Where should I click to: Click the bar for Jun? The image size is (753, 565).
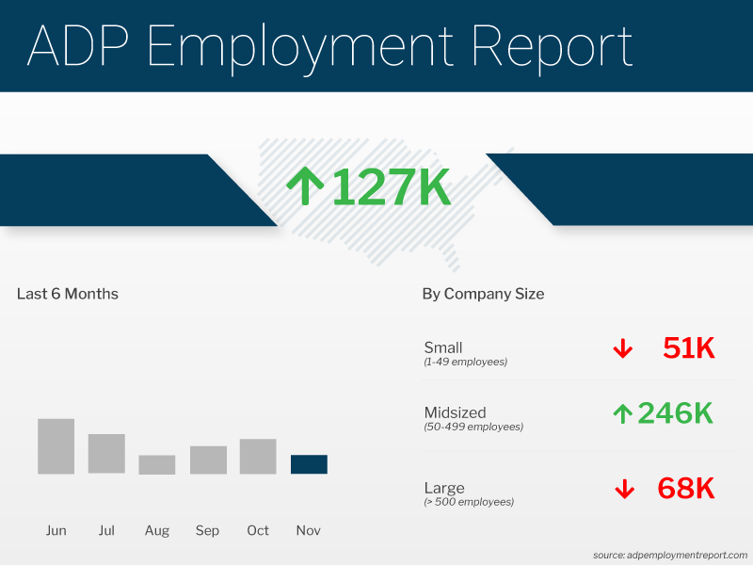tap(56, 446)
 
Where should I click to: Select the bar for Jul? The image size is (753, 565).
tap(106, 454)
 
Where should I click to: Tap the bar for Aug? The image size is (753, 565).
tap(157, 464)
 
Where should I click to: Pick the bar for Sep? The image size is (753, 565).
tap(208, 460)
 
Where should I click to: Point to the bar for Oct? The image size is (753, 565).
tap(258, 457)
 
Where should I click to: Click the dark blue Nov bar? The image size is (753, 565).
tap(309, 464)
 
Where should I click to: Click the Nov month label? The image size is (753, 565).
tap(309, 531)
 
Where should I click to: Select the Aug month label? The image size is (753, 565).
tap(157, 531)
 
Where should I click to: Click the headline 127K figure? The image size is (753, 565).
tap(391, 187)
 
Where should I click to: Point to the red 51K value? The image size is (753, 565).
tap(689, 348)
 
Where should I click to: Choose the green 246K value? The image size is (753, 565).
tap(675, 412)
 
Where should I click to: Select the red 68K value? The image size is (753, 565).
tap(686, 489)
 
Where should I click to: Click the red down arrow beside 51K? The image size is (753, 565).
tap(622, 349)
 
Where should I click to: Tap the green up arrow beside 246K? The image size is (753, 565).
tap(621, 413)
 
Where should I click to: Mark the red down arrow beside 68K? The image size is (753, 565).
tap(622, 490)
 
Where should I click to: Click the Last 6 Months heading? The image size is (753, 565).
tap(68, 294)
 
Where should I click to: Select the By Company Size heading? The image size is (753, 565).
tap(483, 294)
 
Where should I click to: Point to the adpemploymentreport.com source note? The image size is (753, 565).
tap(669, 555)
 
